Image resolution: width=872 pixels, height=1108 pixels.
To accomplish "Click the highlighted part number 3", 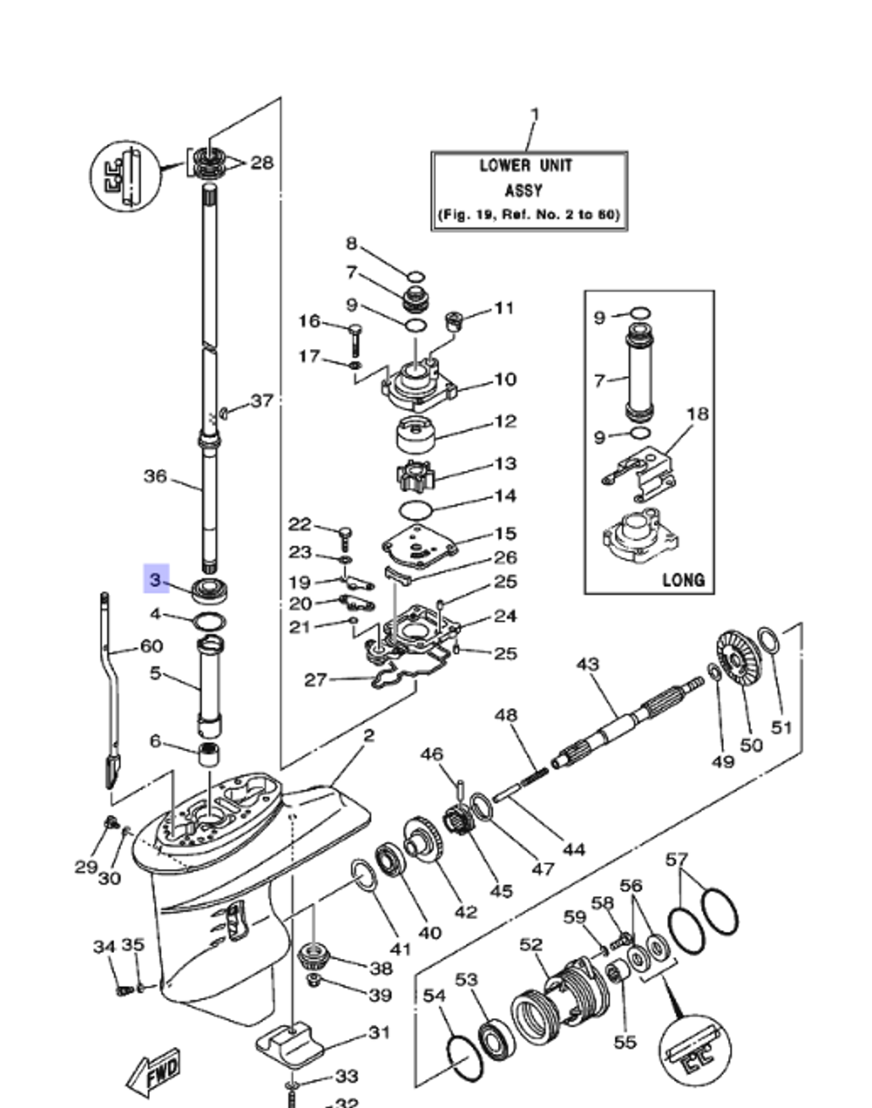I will point(155,578).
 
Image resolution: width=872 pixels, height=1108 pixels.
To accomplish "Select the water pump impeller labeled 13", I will point(415,477).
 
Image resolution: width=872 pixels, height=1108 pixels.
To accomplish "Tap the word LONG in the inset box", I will point(683,578).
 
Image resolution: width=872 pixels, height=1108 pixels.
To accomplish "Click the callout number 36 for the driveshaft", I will point(154,476).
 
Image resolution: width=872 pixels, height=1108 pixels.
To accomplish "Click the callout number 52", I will point(530,945).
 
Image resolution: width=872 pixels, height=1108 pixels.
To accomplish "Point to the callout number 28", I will point(262,162).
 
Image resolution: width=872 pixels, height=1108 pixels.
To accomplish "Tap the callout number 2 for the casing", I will point(369,735).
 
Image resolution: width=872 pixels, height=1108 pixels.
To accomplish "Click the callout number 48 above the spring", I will point(506,715).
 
